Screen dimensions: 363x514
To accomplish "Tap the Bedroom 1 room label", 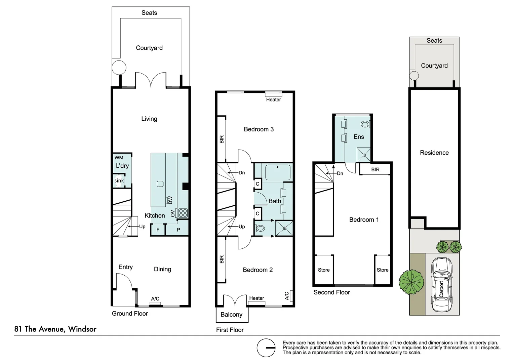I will (x=364, y=220).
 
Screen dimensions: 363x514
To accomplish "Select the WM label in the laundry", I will (x=119, y=158).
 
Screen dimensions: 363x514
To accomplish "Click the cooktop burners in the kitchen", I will (x=183, y=213).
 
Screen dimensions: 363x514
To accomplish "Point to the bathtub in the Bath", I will (x=278, y=172).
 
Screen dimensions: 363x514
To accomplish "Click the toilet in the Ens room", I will (x=365, y=124).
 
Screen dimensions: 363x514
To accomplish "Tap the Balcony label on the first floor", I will (x=231, y=315).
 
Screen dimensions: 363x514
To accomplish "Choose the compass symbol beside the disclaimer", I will (x=266, y=348).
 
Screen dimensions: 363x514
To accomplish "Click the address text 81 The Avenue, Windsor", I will (x=55, y=329).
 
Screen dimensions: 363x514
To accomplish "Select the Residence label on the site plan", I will (x=434, y=153).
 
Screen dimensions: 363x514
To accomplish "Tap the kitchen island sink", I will (x=160, y=184).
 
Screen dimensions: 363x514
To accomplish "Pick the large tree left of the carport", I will (x=411, y=282).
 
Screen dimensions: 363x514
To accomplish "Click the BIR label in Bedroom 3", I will (x=222, y=139).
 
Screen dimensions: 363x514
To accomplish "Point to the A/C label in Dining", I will (x=155, y=299).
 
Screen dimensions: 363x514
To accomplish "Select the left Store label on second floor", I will (x=324, y=270).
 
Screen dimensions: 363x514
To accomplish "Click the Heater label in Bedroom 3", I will (x=273, y=100).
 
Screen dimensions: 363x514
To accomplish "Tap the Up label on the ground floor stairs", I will (x=142, y=227).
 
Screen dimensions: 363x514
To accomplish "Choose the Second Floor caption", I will (x=331, y=292).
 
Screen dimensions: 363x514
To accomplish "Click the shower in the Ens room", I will (x=364, y=155).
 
